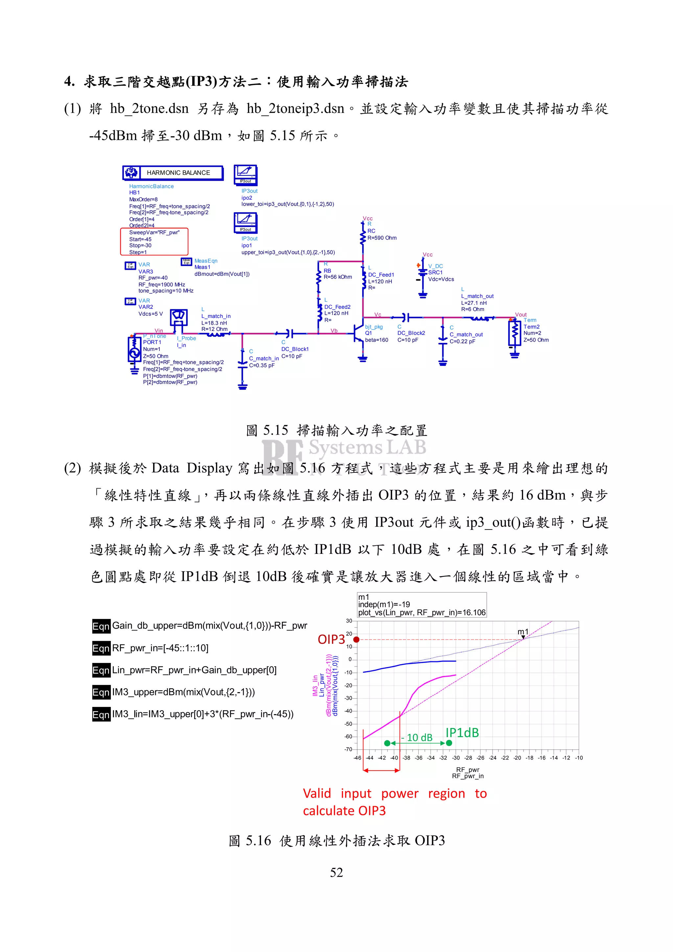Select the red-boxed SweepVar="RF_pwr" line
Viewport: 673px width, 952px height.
154,233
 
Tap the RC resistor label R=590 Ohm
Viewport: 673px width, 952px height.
382,238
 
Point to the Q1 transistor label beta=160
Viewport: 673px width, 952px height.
376,340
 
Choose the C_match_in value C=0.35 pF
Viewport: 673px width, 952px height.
261,365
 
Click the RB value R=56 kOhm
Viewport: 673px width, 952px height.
337,277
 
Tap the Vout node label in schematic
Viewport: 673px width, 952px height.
521,315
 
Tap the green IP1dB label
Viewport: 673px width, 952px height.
462,733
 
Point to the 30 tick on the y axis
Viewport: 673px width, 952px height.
349,621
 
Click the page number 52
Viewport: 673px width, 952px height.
336,873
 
